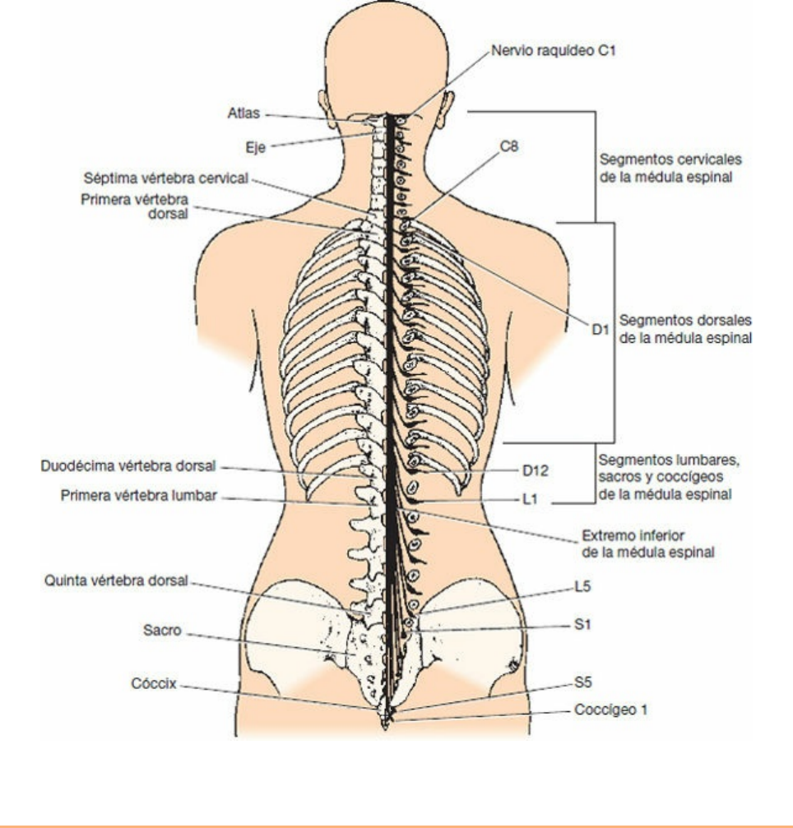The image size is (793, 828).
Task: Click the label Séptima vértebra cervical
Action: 171,178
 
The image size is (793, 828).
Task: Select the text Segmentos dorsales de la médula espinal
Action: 684,328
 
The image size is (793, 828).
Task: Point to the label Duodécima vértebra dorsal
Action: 128,465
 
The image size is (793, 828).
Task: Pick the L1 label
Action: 531,499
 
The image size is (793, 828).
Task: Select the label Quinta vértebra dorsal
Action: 114,581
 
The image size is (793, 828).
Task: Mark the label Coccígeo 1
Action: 610,711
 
